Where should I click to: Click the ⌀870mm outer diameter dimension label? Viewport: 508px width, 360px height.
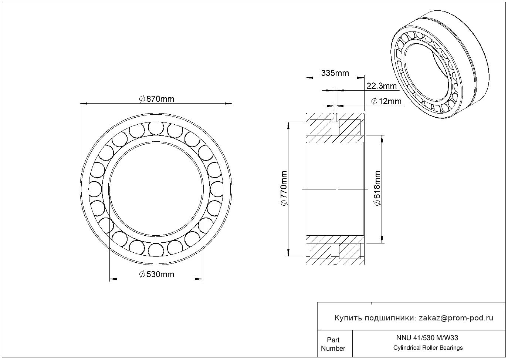point(156,99)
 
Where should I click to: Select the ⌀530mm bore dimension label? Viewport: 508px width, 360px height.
point(156,275)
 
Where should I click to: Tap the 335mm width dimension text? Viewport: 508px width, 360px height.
point(335,73)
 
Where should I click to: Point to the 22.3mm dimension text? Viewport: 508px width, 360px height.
point(382,86)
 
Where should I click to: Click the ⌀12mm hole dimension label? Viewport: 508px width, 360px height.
point(386,101)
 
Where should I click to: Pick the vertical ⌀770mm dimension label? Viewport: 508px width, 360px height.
point(284,188)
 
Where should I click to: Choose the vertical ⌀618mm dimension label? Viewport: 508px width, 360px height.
point(377,188)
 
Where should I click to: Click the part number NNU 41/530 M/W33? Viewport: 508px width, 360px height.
point(427,338)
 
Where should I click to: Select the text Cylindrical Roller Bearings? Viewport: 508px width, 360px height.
point(428,347)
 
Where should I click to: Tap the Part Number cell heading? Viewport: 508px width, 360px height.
point(333,344)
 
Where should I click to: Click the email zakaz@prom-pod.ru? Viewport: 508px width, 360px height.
point(456,318)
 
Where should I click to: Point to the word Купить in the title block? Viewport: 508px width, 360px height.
point(348,318)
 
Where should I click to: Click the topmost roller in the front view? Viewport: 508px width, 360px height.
point(156,128)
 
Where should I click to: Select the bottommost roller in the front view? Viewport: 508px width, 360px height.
point(156,250)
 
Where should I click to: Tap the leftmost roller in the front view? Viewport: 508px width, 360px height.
point(95,189)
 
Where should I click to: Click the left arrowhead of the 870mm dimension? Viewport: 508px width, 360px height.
point(84,104)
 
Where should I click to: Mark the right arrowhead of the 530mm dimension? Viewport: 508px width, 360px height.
point(199,279)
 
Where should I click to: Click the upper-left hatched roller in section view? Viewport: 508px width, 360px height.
point(320,127)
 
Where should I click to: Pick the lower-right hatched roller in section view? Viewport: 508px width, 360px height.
point(350,251)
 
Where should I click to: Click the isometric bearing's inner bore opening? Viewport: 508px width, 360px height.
point(427,72)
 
